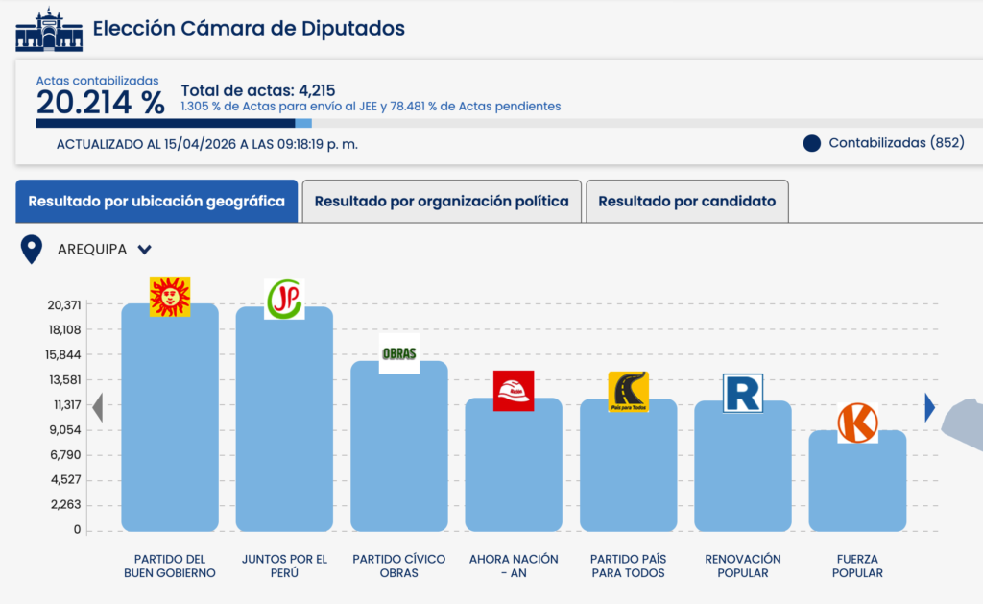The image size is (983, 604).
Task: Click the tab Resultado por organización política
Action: pos(442,202)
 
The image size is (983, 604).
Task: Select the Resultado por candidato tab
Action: pos(686,202)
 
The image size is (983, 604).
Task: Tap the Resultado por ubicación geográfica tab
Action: pos(156,202)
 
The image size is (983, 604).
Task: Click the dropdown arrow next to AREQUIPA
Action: pos(145,250)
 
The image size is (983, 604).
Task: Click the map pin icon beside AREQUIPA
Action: pos(32,250)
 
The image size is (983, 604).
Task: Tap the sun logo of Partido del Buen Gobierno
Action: pos(170,297)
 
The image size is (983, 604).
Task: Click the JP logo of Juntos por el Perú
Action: pos(284,300)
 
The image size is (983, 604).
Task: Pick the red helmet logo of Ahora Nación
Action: pos(514,391)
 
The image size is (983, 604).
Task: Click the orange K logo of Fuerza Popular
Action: pos(857,423)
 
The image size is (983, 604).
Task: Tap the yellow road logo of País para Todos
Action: pos(629,392)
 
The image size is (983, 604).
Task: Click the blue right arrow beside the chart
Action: pos(929,408)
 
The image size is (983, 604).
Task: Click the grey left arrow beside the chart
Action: pos(97,409)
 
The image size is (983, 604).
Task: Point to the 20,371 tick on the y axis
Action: pos(65,304)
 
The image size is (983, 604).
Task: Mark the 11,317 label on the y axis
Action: pos(65,404)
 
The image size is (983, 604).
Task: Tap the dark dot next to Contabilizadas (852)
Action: pos(812,143)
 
